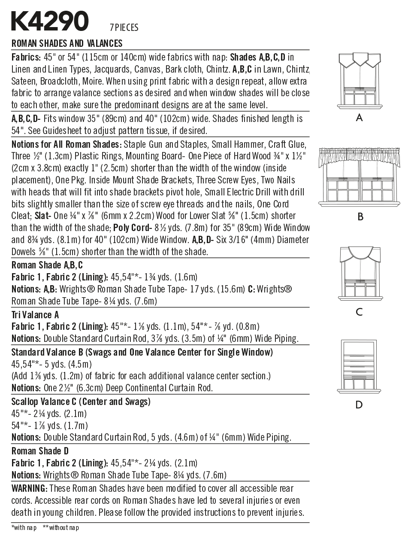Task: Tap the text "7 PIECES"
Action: [x=124, y=28]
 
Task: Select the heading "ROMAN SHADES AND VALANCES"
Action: [x=67, y=43]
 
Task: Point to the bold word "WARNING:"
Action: [x=29, y=488]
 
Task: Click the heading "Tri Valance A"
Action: [x=35, y=315]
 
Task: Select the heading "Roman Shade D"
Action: [x=40, y=451]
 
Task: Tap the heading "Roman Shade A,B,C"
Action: [x=47, y=265]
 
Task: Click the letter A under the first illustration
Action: [x=360, y=118]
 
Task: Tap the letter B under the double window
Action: [x=360, y=216]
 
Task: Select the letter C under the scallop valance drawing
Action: [x=360, y=312]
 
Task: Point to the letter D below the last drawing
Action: [x=359, y=405]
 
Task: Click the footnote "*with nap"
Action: [x=24, y=527]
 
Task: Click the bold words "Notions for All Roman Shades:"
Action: [x=66, y=144]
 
